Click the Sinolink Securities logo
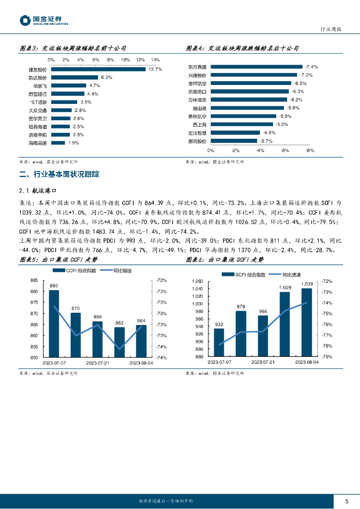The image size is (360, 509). pos(44,20)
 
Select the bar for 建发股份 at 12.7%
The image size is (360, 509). pos(98,69)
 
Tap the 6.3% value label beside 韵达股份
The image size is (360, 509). pos(106,78)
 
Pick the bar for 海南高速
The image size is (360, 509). pos(58,143)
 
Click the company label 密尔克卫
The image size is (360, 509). pos(38,118)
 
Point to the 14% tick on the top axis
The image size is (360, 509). pos(155,60)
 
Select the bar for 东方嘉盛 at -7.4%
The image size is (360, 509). pos(257,67)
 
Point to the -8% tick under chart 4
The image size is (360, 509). pos(310,150)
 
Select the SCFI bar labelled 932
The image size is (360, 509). pos(219,342)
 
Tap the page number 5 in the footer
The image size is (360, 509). pos(347,501)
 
